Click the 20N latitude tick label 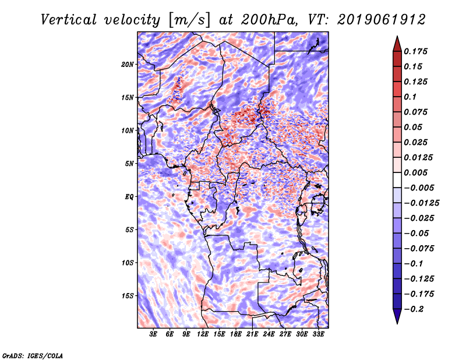[x=128, y=65]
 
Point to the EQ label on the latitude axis [x=129, y=197]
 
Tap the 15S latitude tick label [x=128, y=296]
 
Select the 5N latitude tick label [x=129, y=164]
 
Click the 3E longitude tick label [x=153, y=334]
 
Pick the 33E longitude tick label [x=318, y=334]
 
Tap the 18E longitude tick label [x=236, y=334]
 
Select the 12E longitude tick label [x=203, y=334]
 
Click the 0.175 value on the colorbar [x=415, y=51]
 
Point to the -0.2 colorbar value [x=414, y=309]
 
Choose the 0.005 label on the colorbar [x=415, y=172]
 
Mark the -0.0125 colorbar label [x=421, y=203]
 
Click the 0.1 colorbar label [x=410, y=97]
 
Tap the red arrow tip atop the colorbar [x=397, y=36]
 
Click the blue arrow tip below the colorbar [x=397, y=323]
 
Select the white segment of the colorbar [x=397, y=180]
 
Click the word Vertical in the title [x=69, y=20]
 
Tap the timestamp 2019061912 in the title [x=382, y=20]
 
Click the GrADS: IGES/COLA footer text [x=33, y=355]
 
